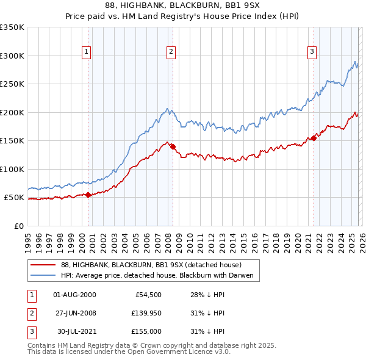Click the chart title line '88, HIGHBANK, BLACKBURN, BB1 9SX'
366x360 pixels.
pyautogui.click(x=182, y=5)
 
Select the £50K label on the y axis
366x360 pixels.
pyautogui.click(x=15, y=198)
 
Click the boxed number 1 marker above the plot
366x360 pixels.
pyautogui.click(x=87, y=52)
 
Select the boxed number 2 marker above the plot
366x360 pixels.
pyautogui.click(x=171, y=52)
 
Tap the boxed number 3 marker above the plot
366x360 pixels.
pyautogui.click(x=312, y=52)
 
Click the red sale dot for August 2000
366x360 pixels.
pyautogui.click(x=88, y=195)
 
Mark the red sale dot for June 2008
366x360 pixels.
pyautogui.click(x=173, y=146)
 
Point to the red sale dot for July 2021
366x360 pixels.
pyautogui.click(x=314, y=138)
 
